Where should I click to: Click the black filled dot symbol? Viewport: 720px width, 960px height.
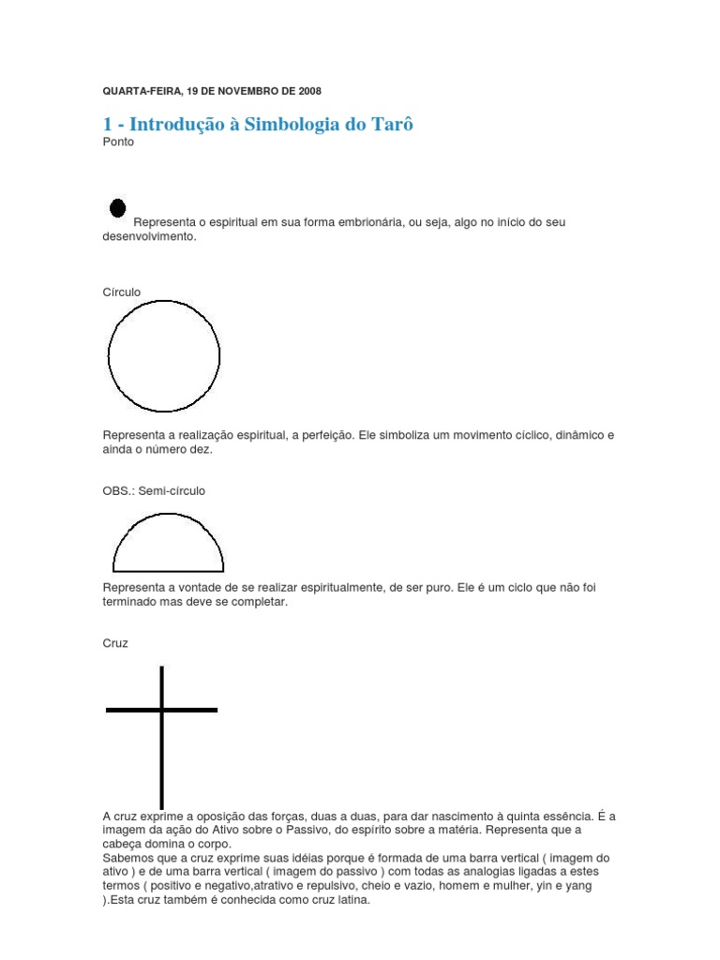(118, 208)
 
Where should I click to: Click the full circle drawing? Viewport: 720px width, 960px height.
(164, 355)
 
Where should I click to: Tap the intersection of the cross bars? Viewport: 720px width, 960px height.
(162, 710)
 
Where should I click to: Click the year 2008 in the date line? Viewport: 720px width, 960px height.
(308, 91)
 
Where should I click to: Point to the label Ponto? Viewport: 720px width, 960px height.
(118, 142)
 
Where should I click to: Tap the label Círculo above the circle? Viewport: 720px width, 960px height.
(122, 292)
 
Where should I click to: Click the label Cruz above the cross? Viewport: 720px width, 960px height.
(115, 643)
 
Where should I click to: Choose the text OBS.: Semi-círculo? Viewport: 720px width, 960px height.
(154, 490)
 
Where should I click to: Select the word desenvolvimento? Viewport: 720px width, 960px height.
(148, 237)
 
